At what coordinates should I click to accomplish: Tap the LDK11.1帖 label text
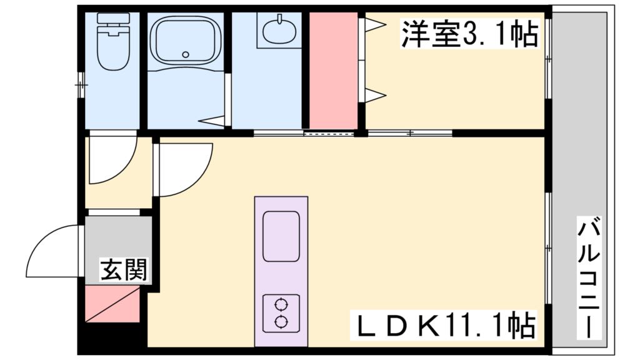point(445,325)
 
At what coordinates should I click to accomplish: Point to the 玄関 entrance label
point(124,270)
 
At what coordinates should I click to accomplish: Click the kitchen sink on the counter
point(281,236)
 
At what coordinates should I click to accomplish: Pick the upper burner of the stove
point(281,306)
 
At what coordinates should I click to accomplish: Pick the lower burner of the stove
point(281,322)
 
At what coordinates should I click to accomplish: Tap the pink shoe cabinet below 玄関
point(112,305)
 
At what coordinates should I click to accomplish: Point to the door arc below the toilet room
point(111,161)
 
